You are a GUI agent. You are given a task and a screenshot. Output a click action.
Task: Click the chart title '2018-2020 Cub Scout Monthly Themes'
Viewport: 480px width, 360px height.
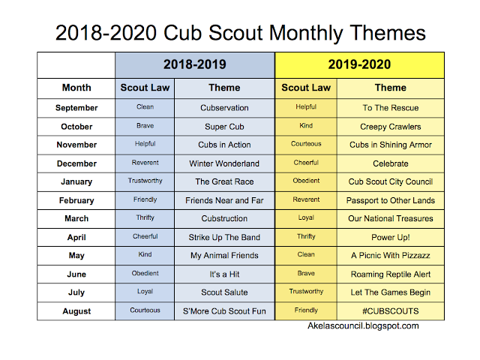[x=240, y=32]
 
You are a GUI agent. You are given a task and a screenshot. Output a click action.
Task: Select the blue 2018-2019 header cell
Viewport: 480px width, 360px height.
[x=195, y=64]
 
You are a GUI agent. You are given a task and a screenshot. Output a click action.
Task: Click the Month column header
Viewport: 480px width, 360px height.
[x=76, y=88]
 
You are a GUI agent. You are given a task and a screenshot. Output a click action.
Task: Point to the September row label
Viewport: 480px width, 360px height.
[x=76, y=108]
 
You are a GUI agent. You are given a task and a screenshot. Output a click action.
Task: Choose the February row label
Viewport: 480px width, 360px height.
[x=76, y=200]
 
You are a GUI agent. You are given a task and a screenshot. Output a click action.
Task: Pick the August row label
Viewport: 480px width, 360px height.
[x=76, y=311]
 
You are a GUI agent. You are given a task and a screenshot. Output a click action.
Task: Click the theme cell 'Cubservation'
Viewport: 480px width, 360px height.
[x=224, y=108]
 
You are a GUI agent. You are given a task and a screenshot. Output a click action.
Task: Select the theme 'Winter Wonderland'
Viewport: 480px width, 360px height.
[x=224, y=163]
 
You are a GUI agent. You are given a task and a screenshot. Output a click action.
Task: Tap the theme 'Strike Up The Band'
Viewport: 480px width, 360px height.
[x=224, y=237]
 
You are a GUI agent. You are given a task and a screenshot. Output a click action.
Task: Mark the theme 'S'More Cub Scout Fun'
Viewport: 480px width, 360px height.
[x=224, y=311]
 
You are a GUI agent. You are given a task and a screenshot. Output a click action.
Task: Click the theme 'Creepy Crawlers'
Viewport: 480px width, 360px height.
[x=390, y=127]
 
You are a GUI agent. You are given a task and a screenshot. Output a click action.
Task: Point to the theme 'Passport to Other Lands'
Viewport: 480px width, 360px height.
[x=390, y=200]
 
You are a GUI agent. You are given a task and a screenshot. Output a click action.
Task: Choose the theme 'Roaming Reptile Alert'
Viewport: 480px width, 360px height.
[x=390, y=274]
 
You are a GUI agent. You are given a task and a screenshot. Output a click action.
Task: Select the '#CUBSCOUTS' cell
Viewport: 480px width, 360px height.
[x=390, y=311]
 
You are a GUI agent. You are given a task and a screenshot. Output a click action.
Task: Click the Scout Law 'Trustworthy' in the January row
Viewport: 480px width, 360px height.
[x=145, y=181]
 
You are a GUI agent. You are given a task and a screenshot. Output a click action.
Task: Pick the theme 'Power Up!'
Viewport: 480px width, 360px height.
[x=390, y=237]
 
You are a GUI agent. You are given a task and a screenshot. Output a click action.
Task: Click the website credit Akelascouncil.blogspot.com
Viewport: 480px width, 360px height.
[x=363, y=326]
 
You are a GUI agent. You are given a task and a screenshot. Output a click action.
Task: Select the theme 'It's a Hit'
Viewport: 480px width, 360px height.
[x=224, y=274]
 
